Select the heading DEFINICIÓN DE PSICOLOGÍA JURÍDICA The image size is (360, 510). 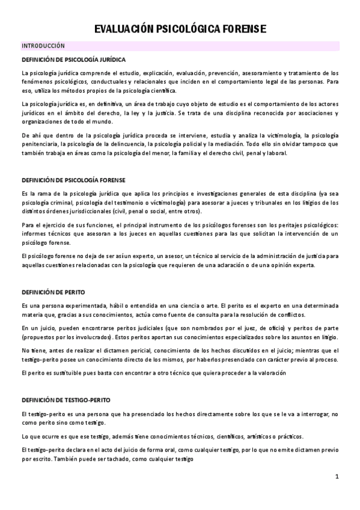pyautogui.click(x=73, y=60)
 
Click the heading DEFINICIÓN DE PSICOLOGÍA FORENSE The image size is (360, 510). pyautogui.click(x=73, y=179)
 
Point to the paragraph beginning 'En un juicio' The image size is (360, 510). pyautogui.click(x=180, y=333)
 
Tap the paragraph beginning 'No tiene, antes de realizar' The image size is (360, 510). pyautogui.click(x=180, y=355)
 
